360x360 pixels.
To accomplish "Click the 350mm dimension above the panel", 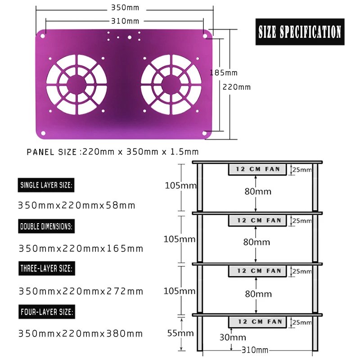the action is [125, 8].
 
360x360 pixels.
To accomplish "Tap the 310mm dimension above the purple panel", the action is [125, 21].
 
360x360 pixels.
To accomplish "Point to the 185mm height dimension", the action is [224, 73].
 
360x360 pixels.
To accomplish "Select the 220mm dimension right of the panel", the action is [237, 87].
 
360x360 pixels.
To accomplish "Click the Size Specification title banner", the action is [300, 31].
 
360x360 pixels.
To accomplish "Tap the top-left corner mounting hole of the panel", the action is [42, 36].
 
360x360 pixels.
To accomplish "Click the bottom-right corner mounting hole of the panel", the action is [204, 133].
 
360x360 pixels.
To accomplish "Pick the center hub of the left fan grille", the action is [76, 85].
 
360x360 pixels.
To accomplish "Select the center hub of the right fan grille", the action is [171, 85].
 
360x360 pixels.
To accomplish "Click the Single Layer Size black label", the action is [46, 185].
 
